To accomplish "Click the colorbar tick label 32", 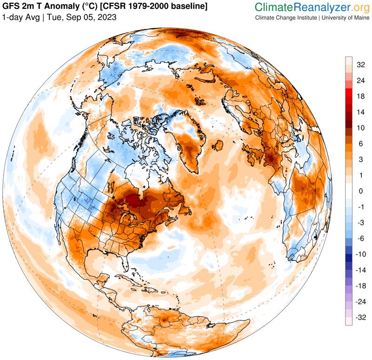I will pos(360,65).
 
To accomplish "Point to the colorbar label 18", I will pos(360,96).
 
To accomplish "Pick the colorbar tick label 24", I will pos(360,80).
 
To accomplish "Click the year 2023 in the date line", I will pos(106,17).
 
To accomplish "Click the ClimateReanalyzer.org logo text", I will pos(311,7).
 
